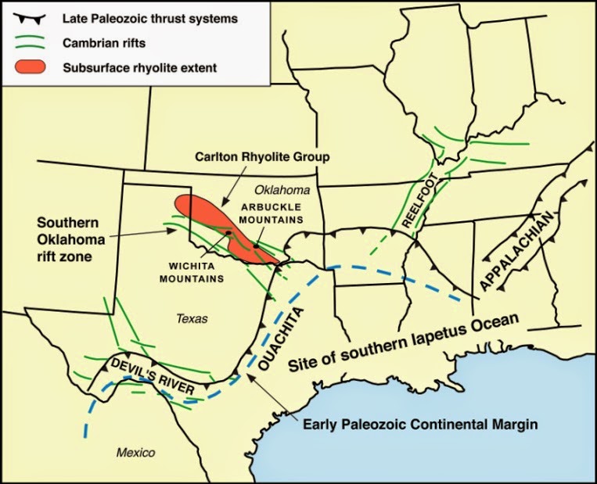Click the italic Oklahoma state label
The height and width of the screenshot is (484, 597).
pos(285,190)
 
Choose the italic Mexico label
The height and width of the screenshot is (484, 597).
pos(135,453)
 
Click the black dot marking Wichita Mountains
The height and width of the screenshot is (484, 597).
pos(227,232)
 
